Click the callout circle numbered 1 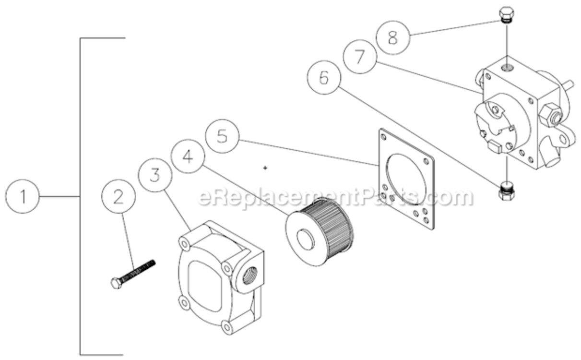(23, 197)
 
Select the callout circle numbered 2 (119, 197)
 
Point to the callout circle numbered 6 (324, 78)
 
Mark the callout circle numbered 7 (360, 57)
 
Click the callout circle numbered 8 (393, 37)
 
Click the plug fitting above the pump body (506, 15)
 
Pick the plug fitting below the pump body (507, 191)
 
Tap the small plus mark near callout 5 (265, 168)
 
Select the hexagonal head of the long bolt (116, 283)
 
